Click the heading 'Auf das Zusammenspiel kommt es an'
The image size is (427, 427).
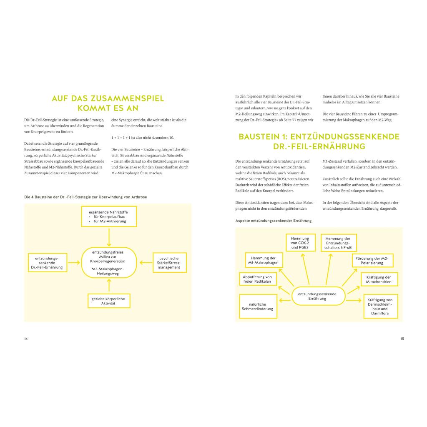click(108, 103)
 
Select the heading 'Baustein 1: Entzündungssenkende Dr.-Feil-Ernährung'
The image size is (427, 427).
click(319, 141)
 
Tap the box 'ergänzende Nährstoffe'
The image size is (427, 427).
click(108, 217)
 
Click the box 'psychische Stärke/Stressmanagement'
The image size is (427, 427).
click(169, 263)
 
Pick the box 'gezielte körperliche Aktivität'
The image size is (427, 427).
click(108, 301)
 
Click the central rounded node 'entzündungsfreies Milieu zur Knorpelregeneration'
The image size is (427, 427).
click(108, 263)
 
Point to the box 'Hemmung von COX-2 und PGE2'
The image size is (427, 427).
click(300, 243)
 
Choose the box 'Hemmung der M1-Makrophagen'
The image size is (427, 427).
click(263, 261)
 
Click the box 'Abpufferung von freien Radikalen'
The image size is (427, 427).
click(257, 279)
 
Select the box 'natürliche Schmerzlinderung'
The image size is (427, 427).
click(257, 306)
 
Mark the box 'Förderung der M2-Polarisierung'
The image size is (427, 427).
click(372, 261)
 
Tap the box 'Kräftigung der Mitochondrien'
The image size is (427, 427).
click(379, 279)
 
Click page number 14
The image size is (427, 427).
click(26, 338)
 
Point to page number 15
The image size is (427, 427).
click(402, 338)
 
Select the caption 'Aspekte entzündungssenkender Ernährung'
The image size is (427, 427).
click(274, 220)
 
